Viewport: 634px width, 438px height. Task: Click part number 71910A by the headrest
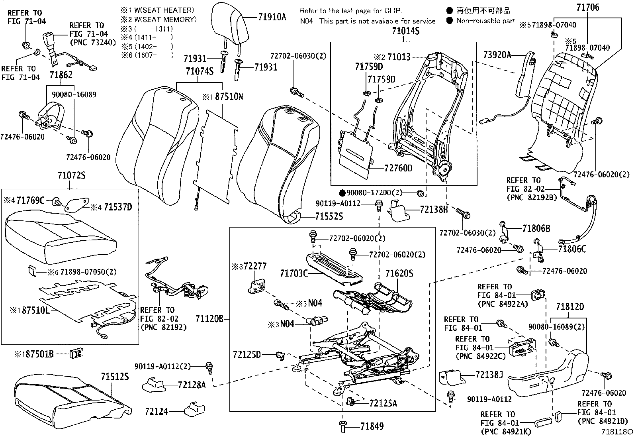point(272,18)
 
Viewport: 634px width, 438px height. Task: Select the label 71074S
point(200,71)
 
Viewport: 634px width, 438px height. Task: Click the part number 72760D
point(399,168)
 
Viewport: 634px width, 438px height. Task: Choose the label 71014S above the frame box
point(403,31)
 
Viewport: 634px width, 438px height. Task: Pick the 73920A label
point(497,55)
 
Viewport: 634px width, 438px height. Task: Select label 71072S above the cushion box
point(71,175)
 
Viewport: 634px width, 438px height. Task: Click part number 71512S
point(115,377)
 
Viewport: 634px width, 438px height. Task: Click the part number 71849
point(372,426)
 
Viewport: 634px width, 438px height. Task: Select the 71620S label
point(399,273)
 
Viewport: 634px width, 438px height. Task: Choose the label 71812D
point(570,306)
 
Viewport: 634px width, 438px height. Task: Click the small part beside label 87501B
point(76,353)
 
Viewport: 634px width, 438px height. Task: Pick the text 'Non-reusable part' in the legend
point(485,21)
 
